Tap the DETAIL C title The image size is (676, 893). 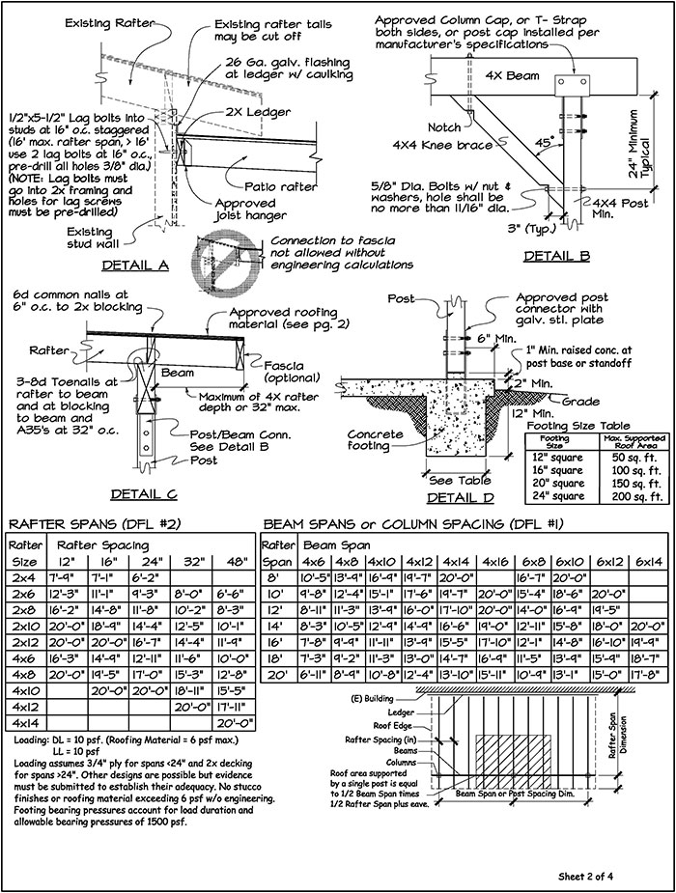(x=143, y=494)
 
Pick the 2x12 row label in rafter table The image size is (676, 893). (x=22, y=640)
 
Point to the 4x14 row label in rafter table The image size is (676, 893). (x=22, y=720)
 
